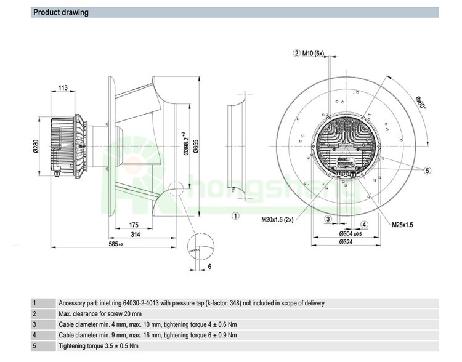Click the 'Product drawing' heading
[60, 12]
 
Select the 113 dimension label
[63, 88]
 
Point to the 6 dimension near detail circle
[210, 266]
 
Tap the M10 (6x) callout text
[313, 54]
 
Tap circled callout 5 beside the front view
[427, 171]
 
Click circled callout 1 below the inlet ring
[235, 215]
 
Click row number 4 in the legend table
[34, 335]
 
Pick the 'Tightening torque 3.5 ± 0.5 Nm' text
[99, 346]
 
